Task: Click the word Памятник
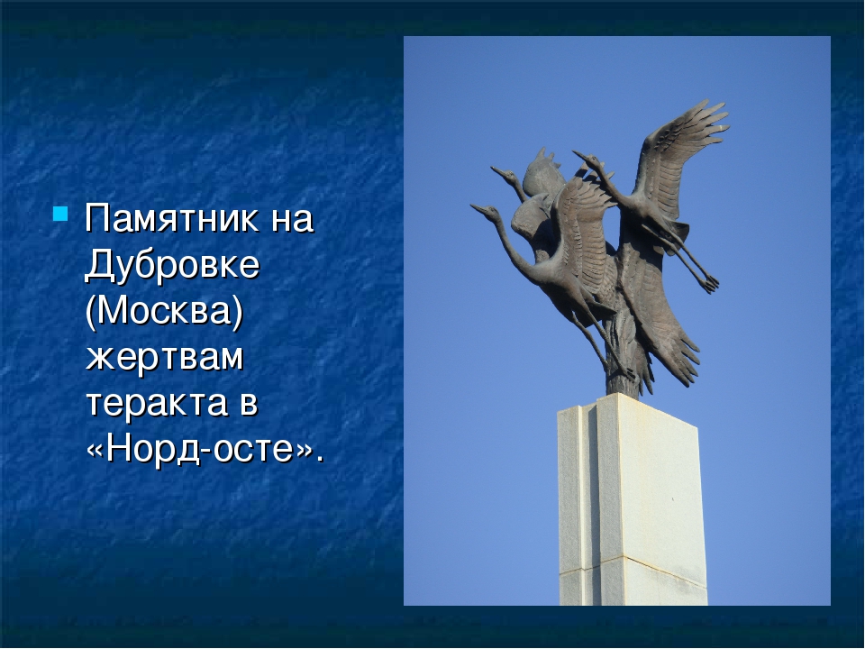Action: pos(170,218)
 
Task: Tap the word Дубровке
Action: pos(172,265)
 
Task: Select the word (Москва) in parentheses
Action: pos(164,311)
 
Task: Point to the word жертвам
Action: pos(164,357)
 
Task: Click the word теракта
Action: pos(157,403)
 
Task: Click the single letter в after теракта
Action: pos(249,404)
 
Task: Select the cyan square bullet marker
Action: pos(60,215)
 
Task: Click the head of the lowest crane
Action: pos(481,209)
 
